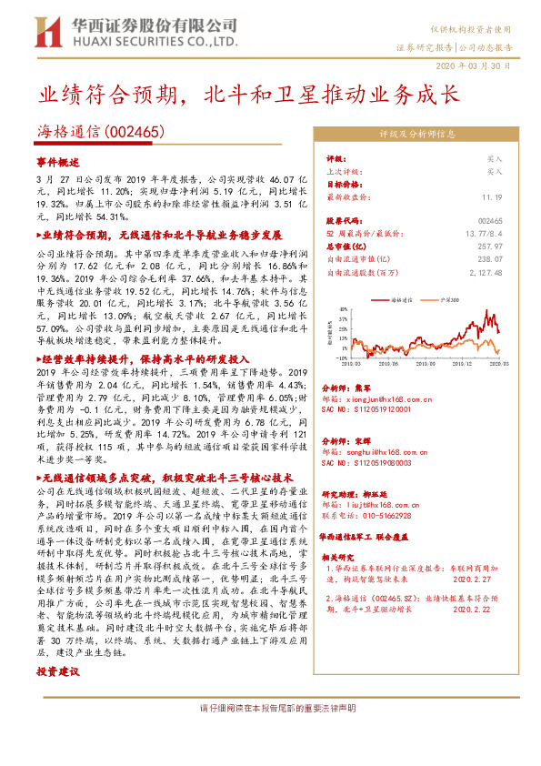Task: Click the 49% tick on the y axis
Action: click(340, 307)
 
